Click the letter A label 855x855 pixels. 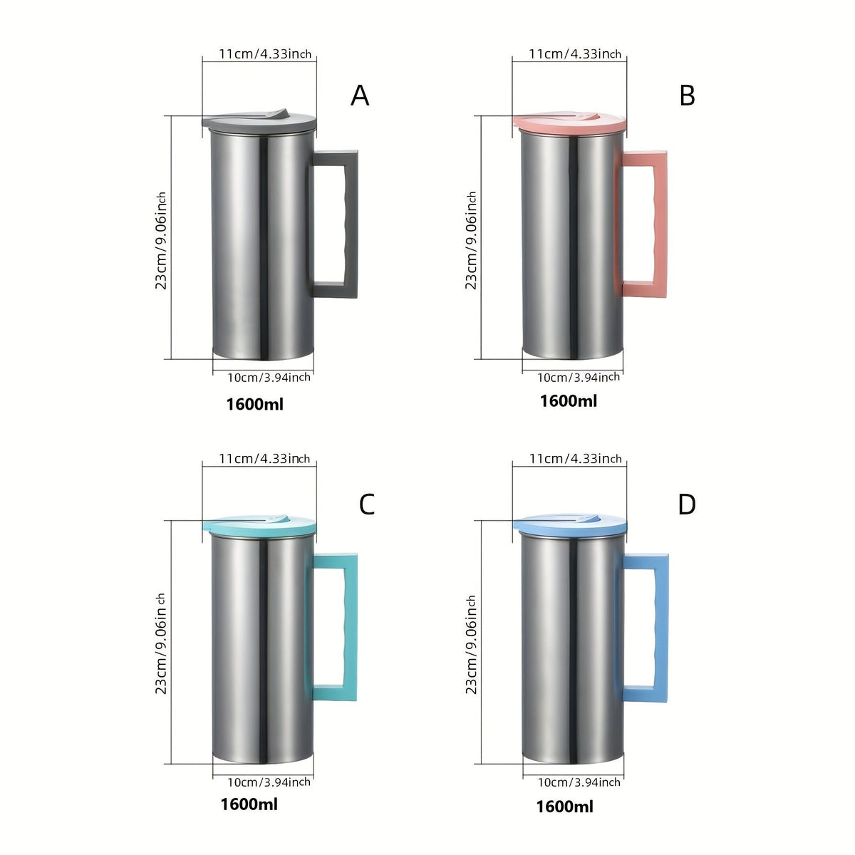point(360,95)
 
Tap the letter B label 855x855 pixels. point(687,95)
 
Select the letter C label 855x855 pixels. point(366,504)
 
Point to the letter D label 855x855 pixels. point(686,504)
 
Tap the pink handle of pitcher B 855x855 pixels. point(660,224)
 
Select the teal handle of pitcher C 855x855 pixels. point(351,628)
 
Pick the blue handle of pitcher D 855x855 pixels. point(661,628)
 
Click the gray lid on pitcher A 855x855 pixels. point(259,120)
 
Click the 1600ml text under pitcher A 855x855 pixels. point(254,404)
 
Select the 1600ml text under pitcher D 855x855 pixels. point(564,807)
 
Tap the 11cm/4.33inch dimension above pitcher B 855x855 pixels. point(575,53)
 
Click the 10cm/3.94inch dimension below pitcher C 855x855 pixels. point(269,782)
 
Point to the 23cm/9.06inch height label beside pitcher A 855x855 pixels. point(160,241)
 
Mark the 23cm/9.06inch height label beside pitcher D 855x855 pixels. point(471,644)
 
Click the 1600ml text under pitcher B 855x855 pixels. point(569,400)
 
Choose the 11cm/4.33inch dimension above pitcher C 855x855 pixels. point(264,458)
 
